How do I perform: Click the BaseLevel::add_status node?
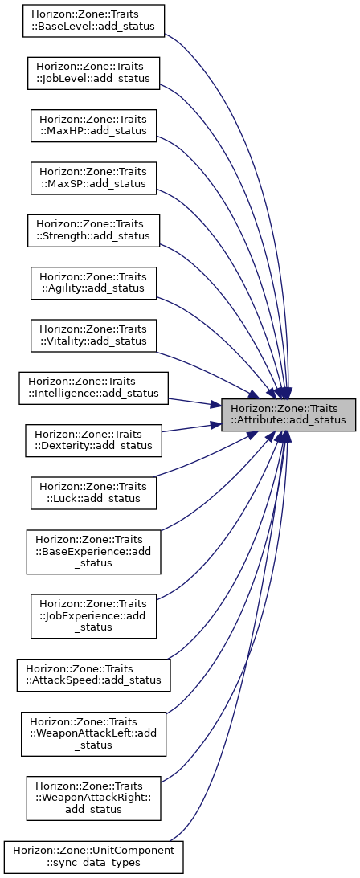pos(93,21)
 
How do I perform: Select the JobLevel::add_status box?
pos(93,73)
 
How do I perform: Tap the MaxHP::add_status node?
pos(93,125)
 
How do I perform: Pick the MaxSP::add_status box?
pos(93,178)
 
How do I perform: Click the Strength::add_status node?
pos(93,231)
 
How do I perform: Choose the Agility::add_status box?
pos(93,284)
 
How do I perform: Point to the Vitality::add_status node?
pos(93,336)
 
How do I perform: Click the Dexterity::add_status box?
pos(93,441)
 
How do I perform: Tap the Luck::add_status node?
pos(93,493)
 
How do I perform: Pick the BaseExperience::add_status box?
pos(93,552)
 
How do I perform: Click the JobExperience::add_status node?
pos(93,616)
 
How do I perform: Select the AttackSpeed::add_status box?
pos(93,675)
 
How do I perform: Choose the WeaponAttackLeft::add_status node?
pos(93,733)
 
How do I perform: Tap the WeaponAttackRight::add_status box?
pos(93,798)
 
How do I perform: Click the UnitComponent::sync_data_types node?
pos(93,856)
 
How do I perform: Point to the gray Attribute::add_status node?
pos(288,415)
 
